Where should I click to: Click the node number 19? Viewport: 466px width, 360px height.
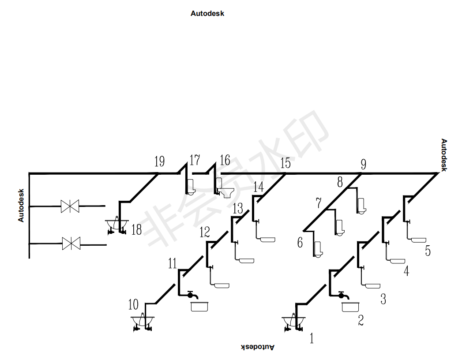coord(159,162)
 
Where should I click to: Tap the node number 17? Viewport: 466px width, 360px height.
coord(195,160)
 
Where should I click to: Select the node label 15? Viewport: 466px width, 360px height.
coord(285,164)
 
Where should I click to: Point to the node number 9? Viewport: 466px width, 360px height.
coord(363,165)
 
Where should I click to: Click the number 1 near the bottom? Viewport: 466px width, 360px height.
coord(312,339)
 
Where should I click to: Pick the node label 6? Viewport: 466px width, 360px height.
coord(300,242)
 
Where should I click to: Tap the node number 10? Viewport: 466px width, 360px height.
coord(133,304)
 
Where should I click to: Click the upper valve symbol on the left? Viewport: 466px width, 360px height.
coord(70,206)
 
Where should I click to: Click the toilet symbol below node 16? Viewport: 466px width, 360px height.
coord(226,191)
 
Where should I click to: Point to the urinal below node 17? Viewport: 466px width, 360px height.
coord(191,187)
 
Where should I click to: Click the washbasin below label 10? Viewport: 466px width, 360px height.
coord(143,322)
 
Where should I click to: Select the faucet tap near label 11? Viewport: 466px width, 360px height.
coord(191,294)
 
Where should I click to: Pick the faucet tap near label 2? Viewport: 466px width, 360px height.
coord(342,294)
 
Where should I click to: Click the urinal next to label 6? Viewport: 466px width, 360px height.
coord(318,249)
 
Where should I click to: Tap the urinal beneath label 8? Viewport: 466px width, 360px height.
coord(361,206)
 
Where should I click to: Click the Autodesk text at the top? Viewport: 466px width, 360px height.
coord(207,14)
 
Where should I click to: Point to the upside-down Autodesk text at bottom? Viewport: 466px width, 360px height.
coord(258,347)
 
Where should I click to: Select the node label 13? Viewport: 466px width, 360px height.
coord(238,208)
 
